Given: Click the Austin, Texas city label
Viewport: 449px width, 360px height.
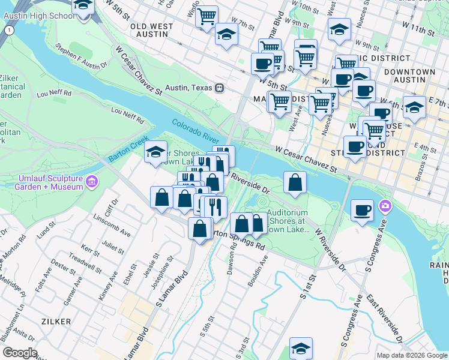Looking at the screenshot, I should [x=188, y=88].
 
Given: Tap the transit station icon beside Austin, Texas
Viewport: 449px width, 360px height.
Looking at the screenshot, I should [x=220, y=88].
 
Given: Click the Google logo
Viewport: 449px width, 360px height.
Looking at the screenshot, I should [x=20, y=353].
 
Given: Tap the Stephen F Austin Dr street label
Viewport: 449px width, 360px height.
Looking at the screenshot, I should [x=81, y=55].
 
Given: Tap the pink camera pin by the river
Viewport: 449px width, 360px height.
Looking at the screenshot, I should [x=384, y=208].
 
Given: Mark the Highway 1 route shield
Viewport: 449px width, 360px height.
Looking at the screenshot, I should [x=8, y=29].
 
